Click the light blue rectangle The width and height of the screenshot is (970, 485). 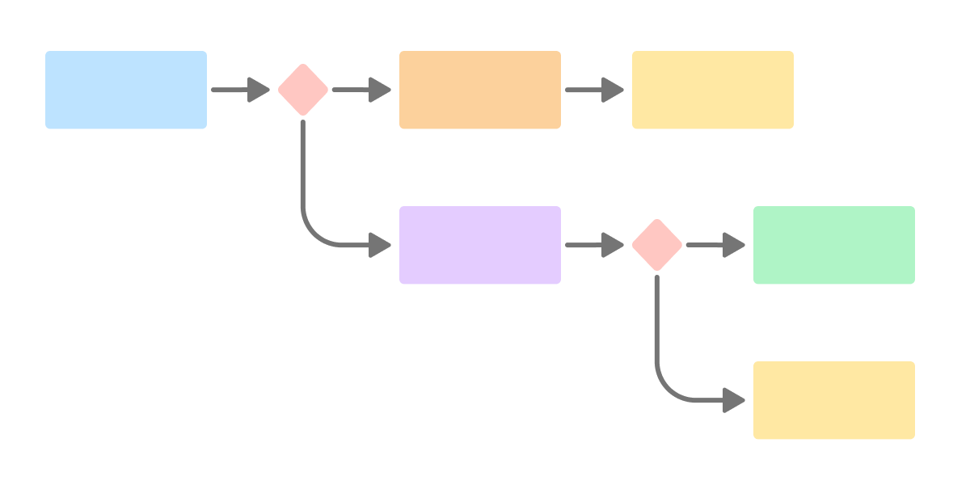[x=126, y=90]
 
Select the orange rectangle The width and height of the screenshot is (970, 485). [x=480, y=90]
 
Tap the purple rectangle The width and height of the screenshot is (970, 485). [x=480, y=245]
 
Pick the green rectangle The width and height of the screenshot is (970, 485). [x=834, y=245]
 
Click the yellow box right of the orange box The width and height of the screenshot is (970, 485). [x=713, y=90]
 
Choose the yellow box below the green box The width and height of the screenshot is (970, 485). [x=834, y=400]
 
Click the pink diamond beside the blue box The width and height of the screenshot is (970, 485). [x=303, y=90]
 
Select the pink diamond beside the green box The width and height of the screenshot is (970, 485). [x=657, y=245]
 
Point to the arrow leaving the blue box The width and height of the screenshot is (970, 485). [x=234, y=90]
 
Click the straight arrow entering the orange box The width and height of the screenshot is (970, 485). [x=356, y=90]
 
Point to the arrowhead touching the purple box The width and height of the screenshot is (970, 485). [x=381, y=245]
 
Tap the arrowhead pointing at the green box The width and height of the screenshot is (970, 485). [x=734, y=245]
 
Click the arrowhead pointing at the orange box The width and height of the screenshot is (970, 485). [x=381, y=90]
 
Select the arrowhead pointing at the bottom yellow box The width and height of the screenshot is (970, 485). [x=734, y=400]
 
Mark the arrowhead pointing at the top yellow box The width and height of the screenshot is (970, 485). [x=614, y=90]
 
